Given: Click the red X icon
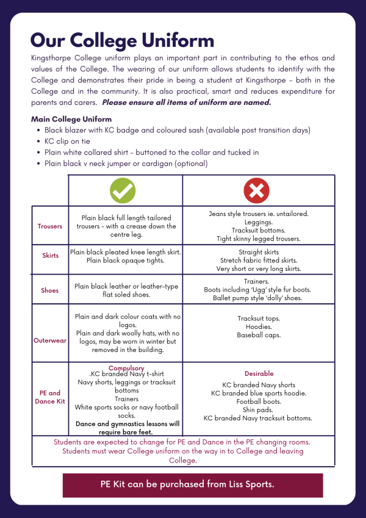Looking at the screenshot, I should click(256, 190).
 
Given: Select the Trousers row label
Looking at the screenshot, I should click(50, 226).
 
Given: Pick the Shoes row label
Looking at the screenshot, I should click(50, 290).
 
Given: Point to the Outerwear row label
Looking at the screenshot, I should click(50, 340).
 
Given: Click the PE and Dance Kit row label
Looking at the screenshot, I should click(50, 397).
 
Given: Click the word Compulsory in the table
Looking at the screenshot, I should click(126, 368).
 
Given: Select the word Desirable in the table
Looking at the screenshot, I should click(259, 373).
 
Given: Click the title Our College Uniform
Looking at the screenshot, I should click(122, 40).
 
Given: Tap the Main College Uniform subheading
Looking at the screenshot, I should click(71, 119).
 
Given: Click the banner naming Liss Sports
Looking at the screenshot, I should click(192, 484).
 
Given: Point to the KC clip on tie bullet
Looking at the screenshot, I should click(66, 141).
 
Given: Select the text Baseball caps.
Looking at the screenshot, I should click(259, 336).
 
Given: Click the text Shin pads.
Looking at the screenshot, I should click(259, 410).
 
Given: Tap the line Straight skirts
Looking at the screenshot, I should click(259, 251).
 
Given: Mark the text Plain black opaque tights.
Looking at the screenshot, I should click(126, 261).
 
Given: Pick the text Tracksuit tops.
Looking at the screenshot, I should click(259, 318).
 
